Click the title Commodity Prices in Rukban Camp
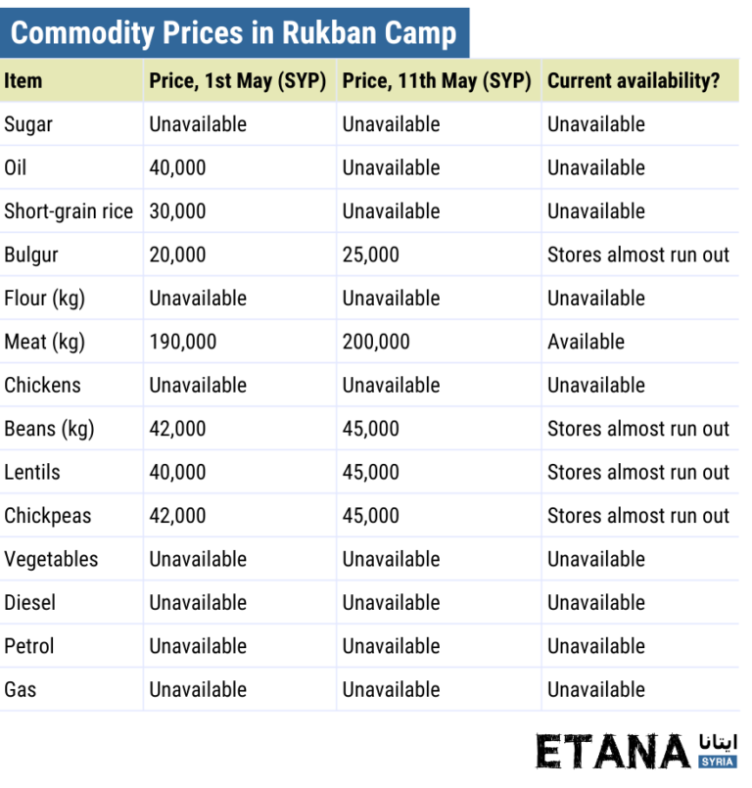point(233,33)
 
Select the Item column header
point(23,81)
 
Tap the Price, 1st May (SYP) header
point(237,81)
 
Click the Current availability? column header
point(633,81)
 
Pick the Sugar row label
point(28,124)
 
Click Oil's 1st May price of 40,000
point(177,167)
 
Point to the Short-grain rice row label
point(69,211)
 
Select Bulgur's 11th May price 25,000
point(370,255)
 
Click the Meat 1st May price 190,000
point(182,342)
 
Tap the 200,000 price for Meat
point(376,342)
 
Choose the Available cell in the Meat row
point(586,342)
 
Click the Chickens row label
point(43,385)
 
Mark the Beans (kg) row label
point(49,429)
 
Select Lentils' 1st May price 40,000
point(177,472)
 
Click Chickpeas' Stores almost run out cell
point(637,516)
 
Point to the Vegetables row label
point(51,559)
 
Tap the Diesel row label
point(29,602)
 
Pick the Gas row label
point(21,689)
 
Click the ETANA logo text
point(613,752)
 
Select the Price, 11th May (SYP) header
point(436,81)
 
